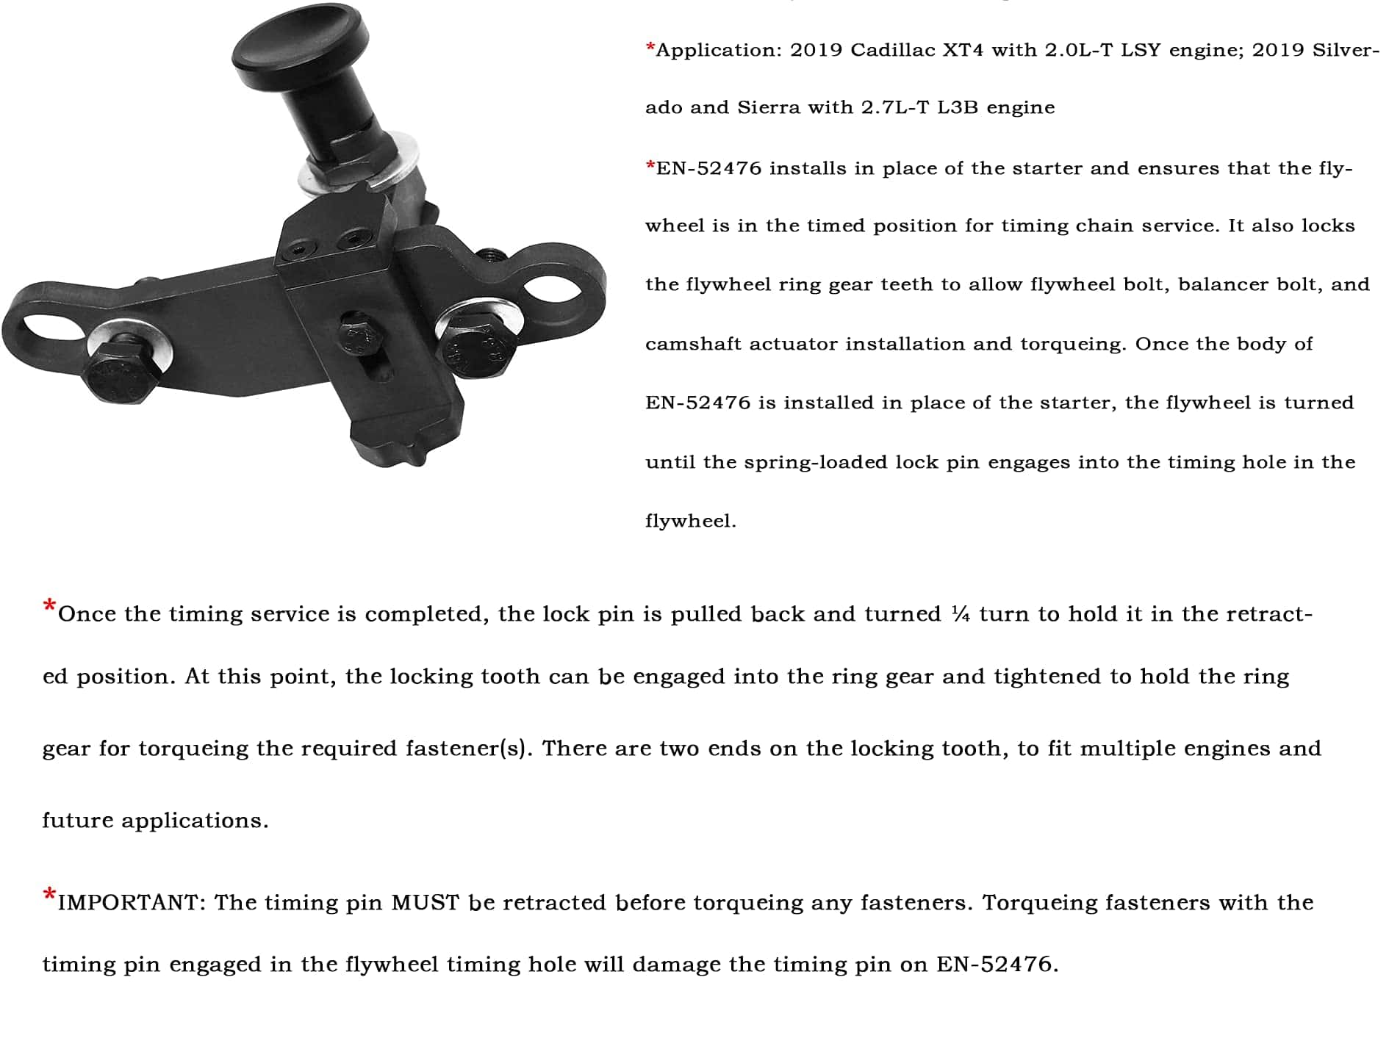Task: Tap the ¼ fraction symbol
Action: [x=960, y=614]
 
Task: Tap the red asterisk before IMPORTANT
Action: [x=49, y=896]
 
